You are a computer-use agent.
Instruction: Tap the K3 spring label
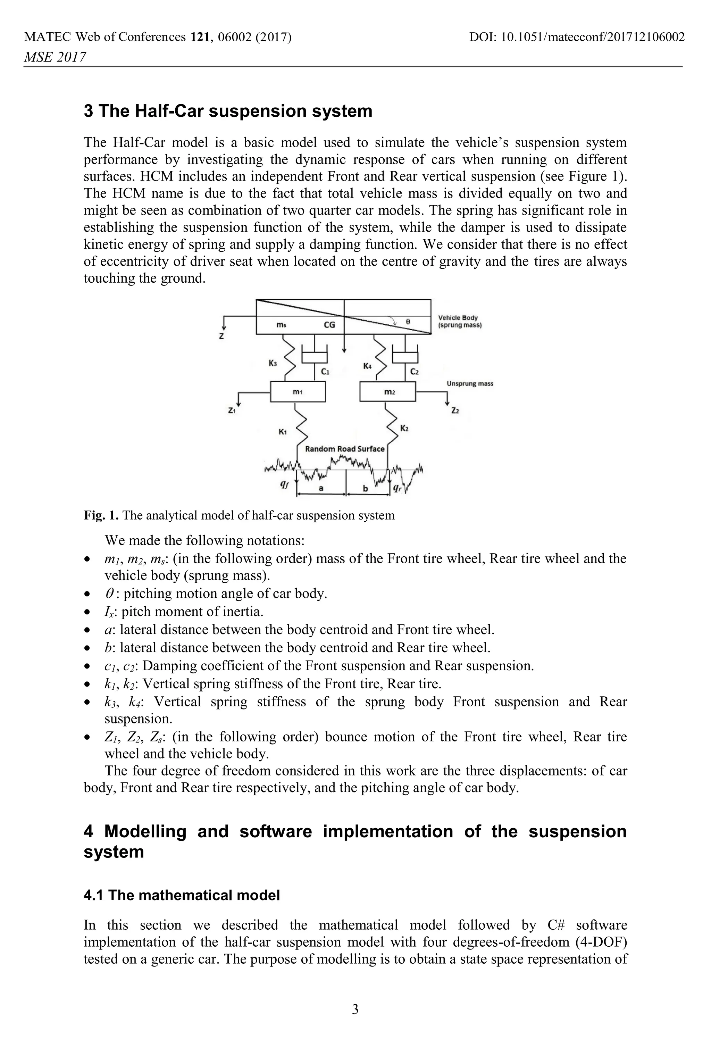273,363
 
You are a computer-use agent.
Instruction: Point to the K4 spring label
367,366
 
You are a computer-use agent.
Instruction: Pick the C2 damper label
415,372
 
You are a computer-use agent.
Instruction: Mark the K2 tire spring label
404,428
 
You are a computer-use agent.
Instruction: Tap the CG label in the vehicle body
329,324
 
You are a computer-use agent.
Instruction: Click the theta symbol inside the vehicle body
408,322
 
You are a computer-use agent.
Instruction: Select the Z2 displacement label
455,410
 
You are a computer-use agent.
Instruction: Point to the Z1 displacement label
232,410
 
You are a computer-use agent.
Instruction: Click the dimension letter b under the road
366,488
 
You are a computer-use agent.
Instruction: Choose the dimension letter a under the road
321,488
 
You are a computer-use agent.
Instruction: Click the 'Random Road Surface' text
345,449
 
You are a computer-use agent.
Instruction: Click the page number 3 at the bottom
355,1009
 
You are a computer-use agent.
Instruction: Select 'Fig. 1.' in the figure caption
101,515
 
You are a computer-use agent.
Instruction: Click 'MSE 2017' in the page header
55,57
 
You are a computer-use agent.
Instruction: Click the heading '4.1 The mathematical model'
182,895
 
